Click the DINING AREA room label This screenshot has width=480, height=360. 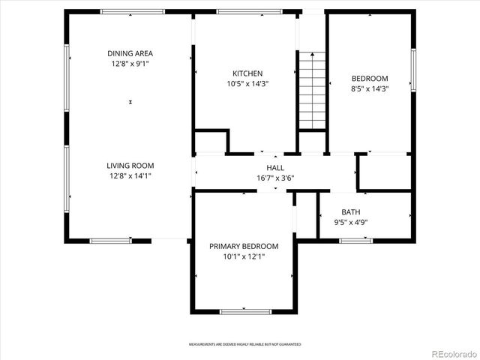coord(130,53)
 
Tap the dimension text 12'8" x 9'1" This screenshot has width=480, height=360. coord(130,64)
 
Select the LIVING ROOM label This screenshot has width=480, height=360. coord(130,166)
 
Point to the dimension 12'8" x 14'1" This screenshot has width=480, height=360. coord(130,176)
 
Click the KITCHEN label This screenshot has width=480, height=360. coord(247,73)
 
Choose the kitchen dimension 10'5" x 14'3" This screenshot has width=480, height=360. coord(247,84)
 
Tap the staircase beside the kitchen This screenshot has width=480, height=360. coord(312,90)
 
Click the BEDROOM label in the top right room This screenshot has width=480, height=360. coord(370,79)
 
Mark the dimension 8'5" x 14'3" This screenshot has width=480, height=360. coord(370,89)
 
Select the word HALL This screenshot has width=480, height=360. coord(275,168)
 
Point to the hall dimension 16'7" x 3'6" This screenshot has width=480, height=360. coord(275,178)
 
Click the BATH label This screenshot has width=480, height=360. coord(350,212)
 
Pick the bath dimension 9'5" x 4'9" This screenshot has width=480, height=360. coord(350,222)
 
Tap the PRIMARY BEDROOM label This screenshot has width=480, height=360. coord(244,246)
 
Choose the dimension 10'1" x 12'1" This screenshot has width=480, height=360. coord(244,256)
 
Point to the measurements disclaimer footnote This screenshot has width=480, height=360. coord(244,344)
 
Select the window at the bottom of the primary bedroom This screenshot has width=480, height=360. coord(244,310)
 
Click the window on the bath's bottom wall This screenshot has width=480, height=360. coord(355,240)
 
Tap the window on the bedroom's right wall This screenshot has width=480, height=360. coord(412,70)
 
